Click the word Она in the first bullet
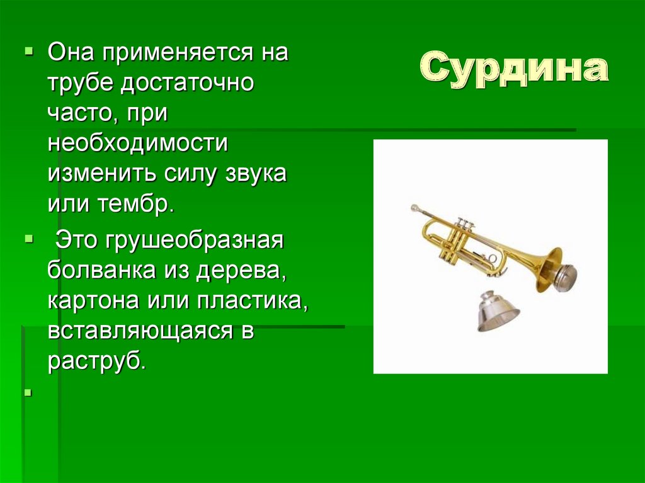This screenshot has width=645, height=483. coord(71,52)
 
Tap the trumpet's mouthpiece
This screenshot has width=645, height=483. coord(416,208)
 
